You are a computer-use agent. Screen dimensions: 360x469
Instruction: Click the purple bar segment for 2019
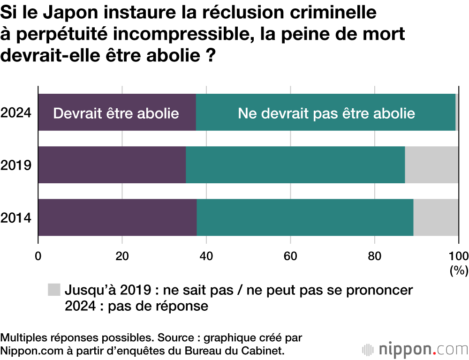(x=112, y=165)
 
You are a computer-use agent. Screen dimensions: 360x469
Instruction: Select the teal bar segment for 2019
(x=295, y=165)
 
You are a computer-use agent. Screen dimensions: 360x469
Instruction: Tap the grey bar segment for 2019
(x=431, y=165)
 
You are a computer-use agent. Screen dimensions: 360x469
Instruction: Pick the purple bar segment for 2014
(x=117, y=217)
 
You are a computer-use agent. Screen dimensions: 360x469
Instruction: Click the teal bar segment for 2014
(x=305, y=217)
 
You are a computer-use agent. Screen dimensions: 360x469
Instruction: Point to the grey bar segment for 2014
(x=436, y=217)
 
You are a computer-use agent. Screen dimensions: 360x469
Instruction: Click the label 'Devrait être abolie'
(x=116, y=113)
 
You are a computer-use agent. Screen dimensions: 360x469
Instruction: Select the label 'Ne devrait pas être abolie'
(x=326, y=113)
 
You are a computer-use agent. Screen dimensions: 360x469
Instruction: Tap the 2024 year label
(x=16, y=113)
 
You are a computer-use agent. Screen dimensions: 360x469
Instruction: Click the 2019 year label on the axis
(x=16, y=165)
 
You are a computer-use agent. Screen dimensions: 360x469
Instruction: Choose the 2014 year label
(x=16, y=217)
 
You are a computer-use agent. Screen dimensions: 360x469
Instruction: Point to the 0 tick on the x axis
(x=38, y=255)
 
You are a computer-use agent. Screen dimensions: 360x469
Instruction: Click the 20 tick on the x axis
(x=122, y=255)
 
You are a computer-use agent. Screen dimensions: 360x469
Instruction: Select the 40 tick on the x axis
(x=206, y=255)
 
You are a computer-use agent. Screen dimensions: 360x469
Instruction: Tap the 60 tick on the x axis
(x=290, y=255)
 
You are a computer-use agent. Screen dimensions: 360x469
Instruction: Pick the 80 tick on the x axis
(x=374, y=255)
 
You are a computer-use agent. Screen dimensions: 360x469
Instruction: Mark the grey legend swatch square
(x=54, y=290)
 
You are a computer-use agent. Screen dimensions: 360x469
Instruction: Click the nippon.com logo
(x=415, y=349)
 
